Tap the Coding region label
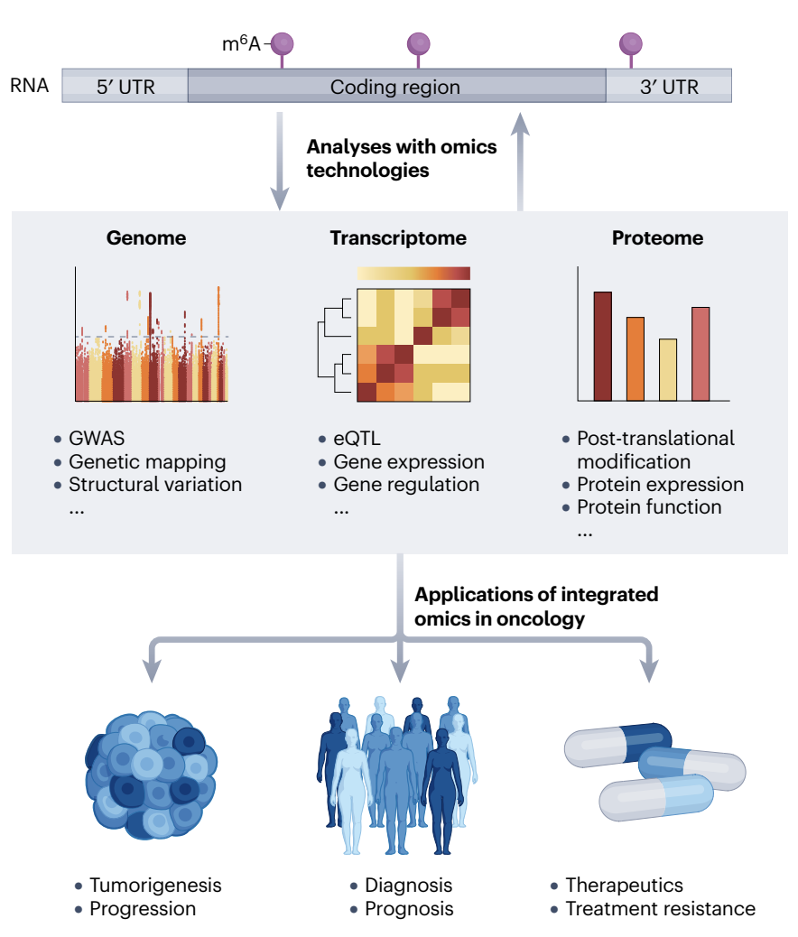(x=395, y=88)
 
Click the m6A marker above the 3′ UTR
(x=630, y=44)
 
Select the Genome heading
(x=146, y=238)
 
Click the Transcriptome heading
(x=398, y=238)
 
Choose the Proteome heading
(x=657, y=238)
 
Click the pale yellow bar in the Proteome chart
(x=668, y=369)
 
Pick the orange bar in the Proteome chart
(x=636, y=358)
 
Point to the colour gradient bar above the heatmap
(x=413, y=273)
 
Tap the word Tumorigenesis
(x=155, y=885)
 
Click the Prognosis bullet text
(x=408, y=908)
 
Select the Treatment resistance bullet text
(x=660, y=908)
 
